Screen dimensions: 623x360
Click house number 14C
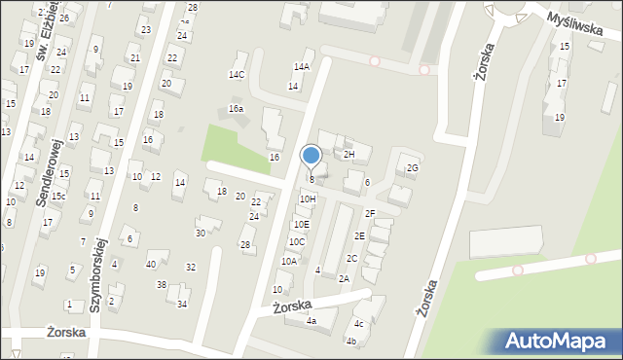point(237,75)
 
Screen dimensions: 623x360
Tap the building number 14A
point(302,66)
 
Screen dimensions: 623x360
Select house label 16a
point(236,108)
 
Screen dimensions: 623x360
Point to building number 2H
point(348,154)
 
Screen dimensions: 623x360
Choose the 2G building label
point(412,168)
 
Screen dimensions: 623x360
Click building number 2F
point(370,213)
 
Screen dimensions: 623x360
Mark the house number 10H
point(308,198)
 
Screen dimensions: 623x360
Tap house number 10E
point(302,224)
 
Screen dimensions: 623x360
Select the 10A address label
point(289,261)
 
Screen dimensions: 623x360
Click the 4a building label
point(311,320)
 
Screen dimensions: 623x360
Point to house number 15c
point(59,197)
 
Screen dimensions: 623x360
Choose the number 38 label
point(162,285)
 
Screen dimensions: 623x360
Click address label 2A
point(344,278)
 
